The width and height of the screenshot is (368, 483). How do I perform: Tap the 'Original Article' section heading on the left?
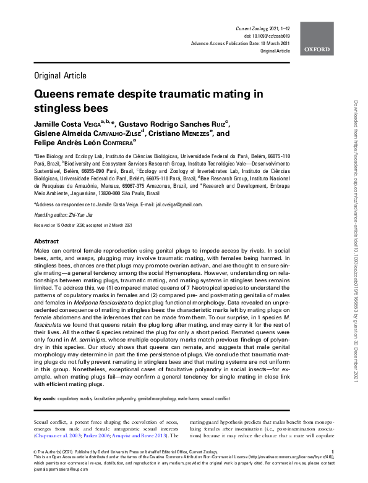tap(61, 77)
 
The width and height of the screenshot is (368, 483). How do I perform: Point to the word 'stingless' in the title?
tap(60, 108)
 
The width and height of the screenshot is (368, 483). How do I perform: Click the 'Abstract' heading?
tap(46, 241)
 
